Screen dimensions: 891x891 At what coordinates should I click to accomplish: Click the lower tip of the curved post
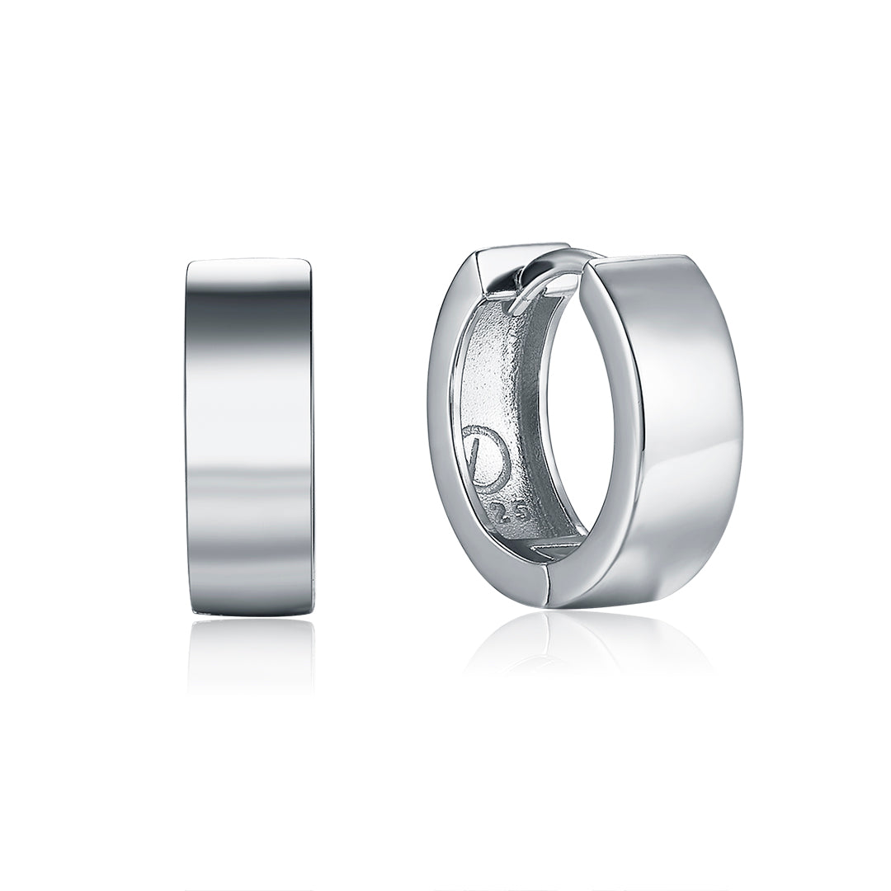(515, 309)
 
